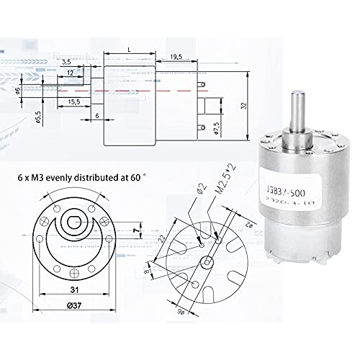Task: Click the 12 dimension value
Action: [x=70, y=73]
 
